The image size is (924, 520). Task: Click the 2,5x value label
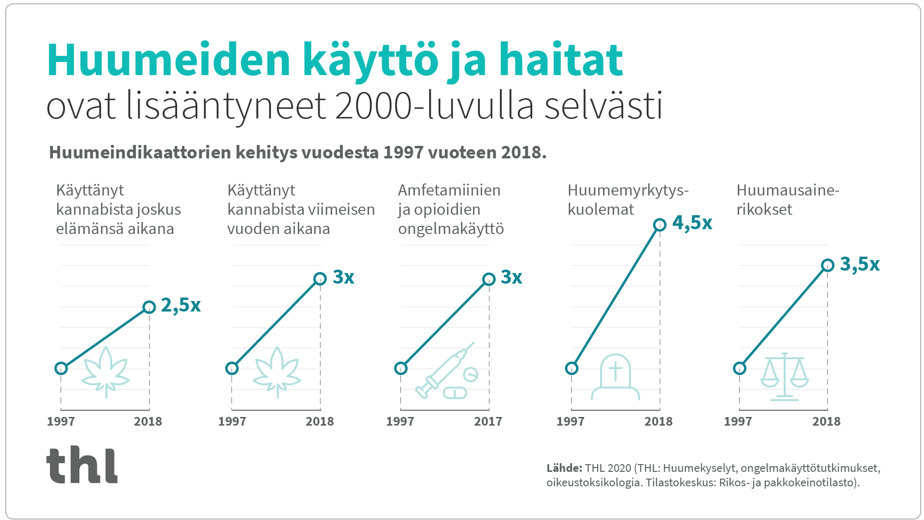[180, 305]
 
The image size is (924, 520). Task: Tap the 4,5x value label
[692, 223]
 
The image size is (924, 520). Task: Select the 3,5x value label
[860, 264]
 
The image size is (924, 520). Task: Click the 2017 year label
[488, 422]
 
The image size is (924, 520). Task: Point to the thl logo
[82, 465]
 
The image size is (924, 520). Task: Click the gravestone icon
[615, 377]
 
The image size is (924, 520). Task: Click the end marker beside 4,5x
[660, 224]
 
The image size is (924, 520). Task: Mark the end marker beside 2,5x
[149, 307]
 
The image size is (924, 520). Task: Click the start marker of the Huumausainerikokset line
[740, 368]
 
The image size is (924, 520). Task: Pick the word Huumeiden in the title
[168, 60]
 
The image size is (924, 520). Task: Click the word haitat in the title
[561, 60]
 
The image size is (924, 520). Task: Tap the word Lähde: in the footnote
[564, 468]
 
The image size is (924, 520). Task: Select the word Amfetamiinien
[449, 190]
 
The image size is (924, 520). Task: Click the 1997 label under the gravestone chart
[570, 422]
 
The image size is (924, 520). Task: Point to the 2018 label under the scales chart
[826, 422]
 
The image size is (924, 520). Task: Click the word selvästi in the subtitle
[603, 106]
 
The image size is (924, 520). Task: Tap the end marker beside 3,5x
[828, 265]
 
